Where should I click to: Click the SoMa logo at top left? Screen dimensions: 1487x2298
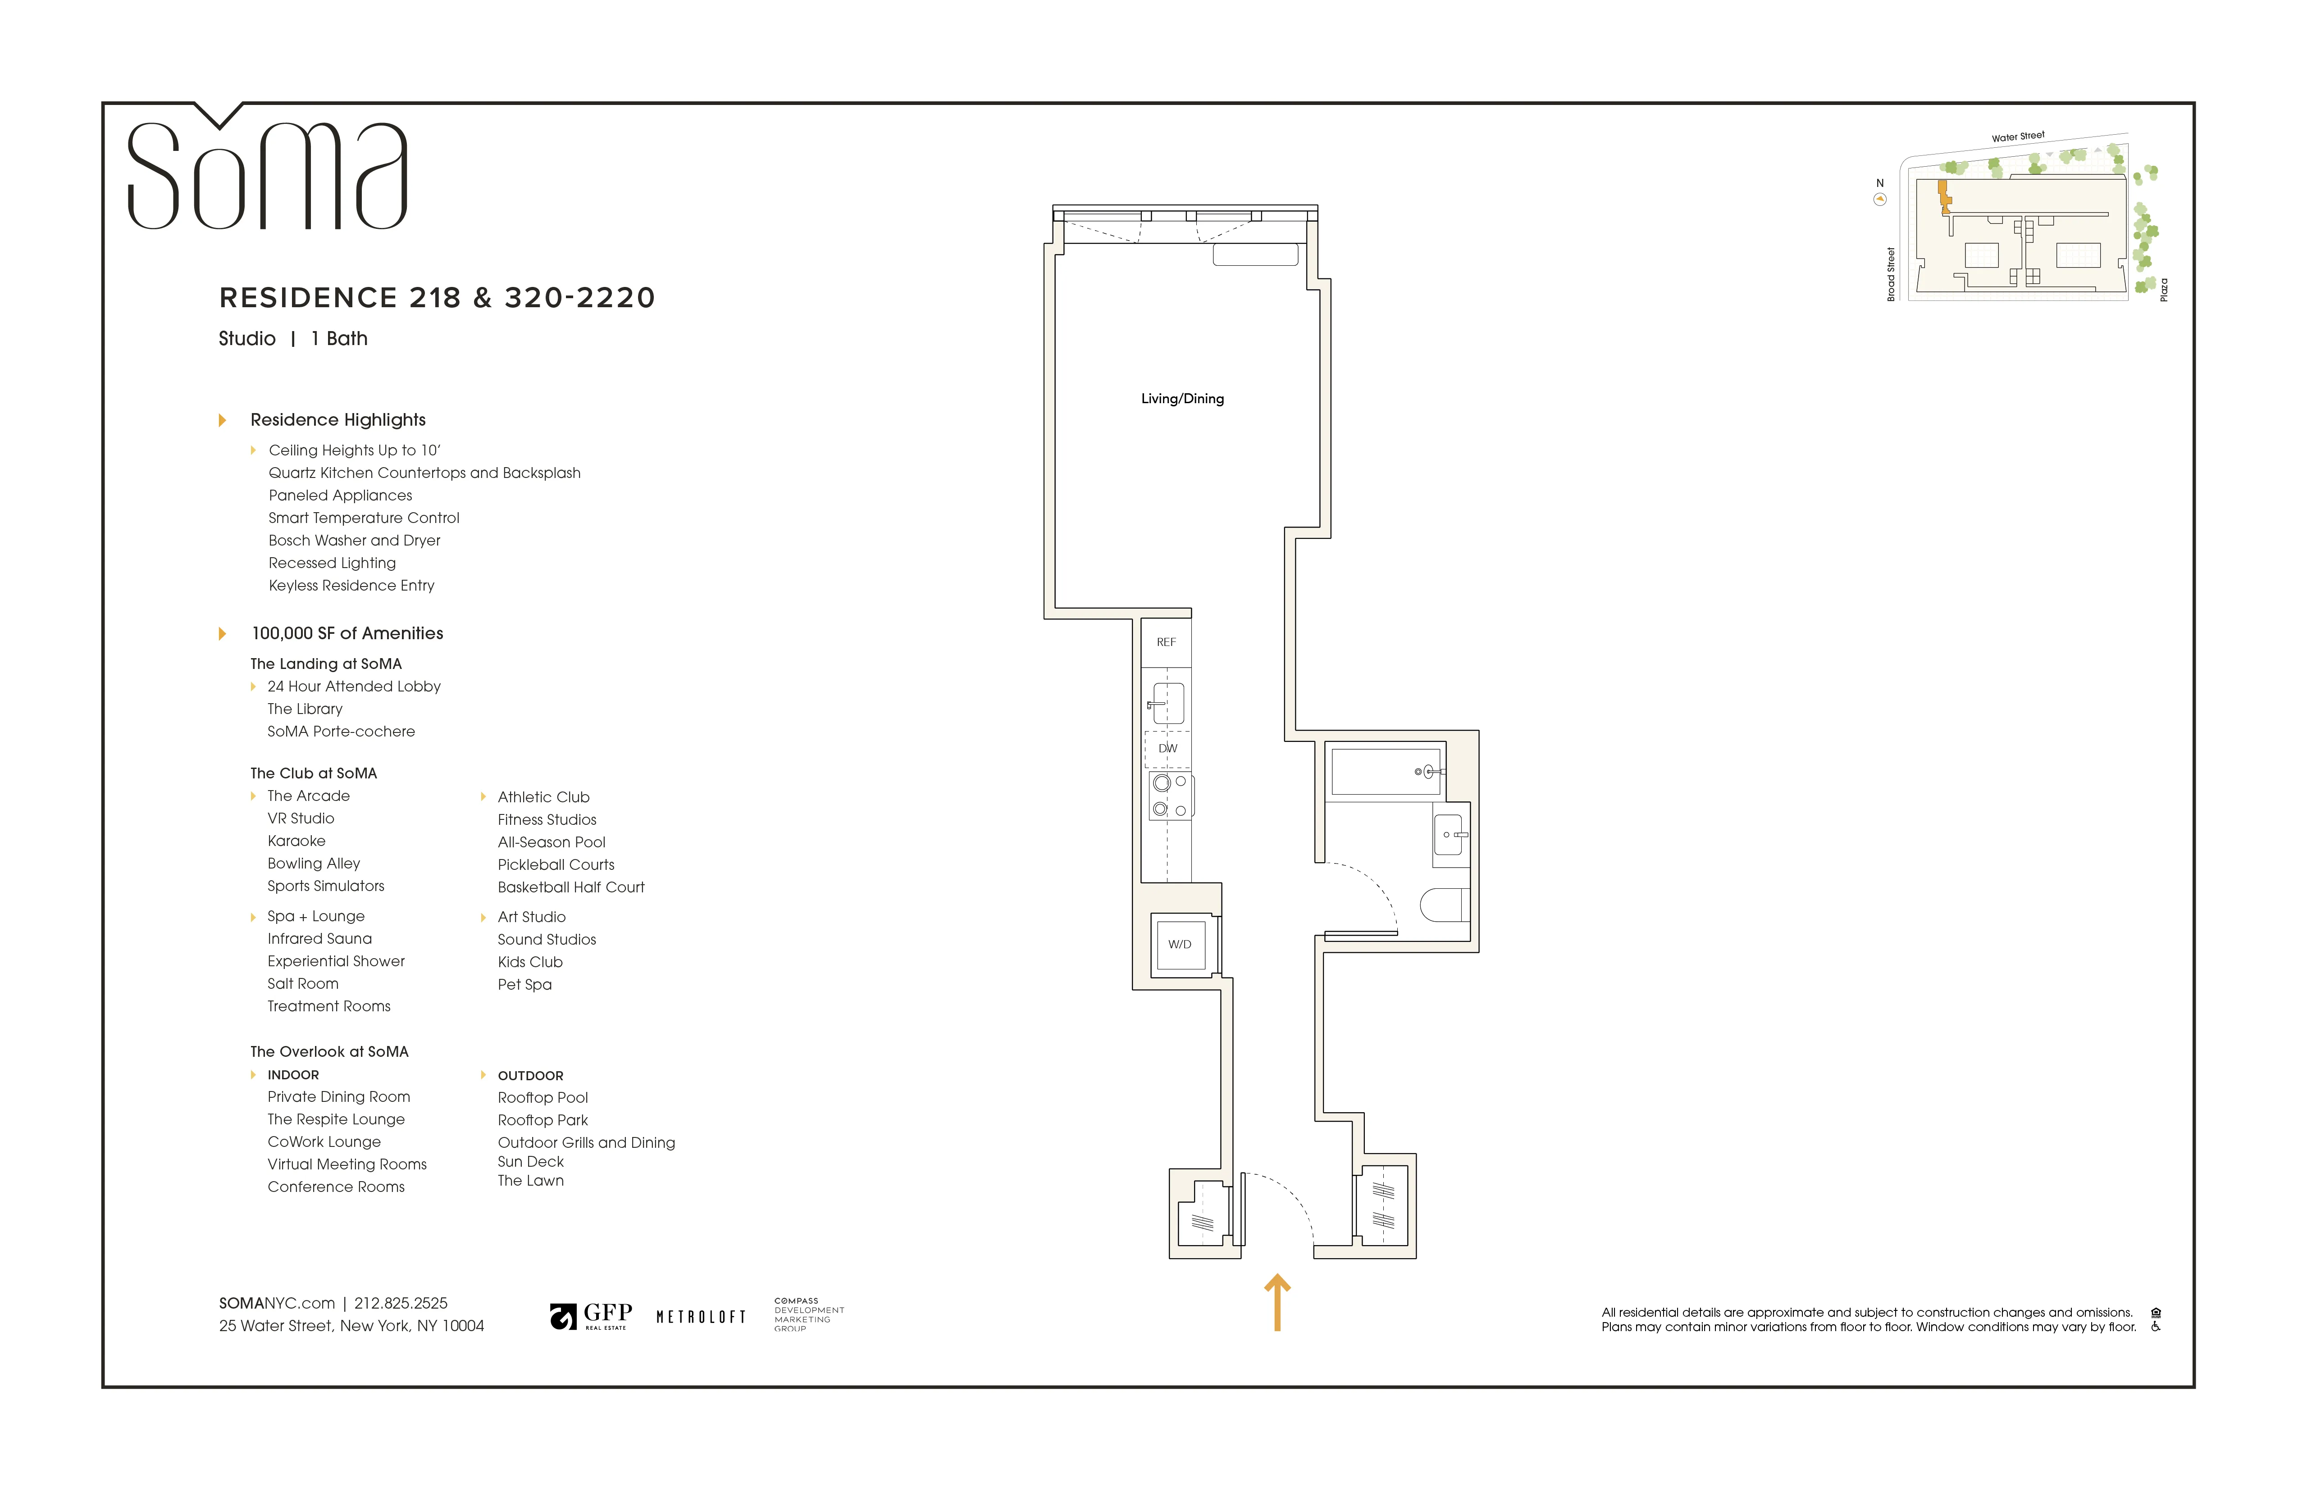268,174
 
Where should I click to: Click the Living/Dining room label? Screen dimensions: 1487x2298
1182,399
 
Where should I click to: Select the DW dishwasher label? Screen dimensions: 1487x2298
1167,748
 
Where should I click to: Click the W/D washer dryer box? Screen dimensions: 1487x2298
1180,944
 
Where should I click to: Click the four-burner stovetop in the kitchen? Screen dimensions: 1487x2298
1169,796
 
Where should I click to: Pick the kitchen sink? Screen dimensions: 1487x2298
1167,703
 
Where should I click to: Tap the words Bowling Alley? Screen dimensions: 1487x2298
314,863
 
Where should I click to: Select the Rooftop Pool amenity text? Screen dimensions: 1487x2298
543,1098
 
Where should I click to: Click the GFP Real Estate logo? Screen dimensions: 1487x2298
591,1316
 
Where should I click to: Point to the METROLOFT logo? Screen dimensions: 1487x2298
701,1317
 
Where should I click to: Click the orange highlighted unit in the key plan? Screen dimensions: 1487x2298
1944,196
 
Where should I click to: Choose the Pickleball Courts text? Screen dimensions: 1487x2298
556,865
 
